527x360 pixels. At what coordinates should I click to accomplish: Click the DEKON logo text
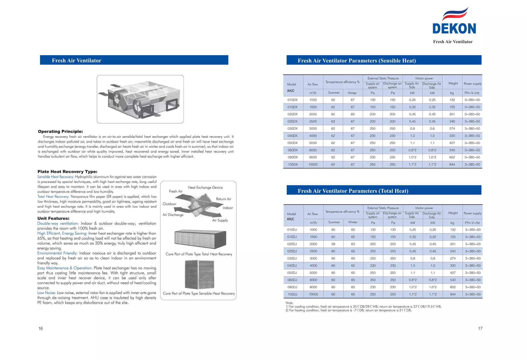pos(454,29)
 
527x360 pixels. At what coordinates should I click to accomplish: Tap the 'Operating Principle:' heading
pos(60,131)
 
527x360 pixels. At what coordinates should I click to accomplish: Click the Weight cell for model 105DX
pos(452,164)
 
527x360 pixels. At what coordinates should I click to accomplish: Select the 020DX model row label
pos(292,114)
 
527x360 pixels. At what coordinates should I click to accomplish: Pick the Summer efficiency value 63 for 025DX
pos(333,121)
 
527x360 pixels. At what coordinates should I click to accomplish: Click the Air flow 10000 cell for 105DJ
pos(313,294)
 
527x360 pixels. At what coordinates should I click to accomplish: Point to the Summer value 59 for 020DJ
pos(333,244)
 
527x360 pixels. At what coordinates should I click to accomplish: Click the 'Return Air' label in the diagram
pos(224,199)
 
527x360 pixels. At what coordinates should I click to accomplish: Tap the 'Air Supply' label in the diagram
pos(220,220)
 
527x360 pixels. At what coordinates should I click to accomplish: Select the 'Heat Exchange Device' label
pos(205,188)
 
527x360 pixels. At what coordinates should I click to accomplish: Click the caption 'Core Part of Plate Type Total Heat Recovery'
pos(199,254)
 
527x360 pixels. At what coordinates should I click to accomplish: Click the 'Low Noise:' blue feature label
pos(47,293)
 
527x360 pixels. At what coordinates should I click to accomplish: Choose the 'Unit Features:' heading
pos(54,218)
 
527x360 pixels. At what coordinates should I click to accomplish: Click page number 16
pos(41,328)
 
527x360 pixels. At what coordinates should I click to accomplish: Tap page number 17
pos(480,328)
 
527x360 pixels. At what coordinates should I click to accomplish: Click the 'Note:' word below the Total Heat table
pos(289,303)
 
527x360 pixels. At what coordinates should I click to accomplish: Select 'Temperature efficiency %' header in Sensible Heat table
pos(342,82)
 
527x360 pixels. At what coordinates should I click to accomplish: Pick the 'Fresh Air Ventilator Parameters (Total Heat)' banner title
pos(353,191)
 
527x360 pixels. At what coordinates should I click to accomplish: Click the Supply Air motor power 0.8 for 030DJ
pos(413,258)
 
